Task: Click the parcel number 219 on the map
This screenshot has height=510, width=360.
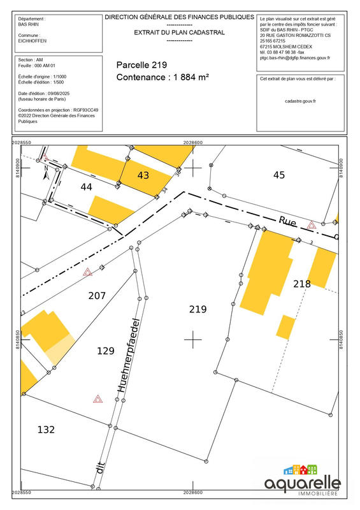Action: click(198, 309)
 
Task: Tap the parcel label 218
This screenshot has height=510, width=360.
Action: click(302, 283)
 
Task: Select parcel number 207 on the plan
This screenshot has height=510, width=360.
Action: click(97, 296)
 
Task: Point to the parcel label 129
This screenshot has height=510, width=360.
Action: click(105, 351)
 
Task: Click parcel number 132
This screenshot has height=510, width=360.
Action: click(46, 430)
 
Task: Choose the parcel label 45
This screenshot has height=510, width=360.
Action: click(278, 175)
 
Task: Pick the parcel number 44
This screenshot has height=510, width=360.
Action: click(87, 186)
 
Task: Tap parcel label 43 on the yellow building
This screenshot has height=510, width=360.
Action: click(143, 175)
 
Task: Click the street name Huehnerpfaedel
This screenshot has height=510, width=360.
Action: click(128, 354)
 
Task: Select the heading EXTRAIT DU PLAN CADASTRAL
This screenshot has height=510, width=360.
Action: click(179, 33)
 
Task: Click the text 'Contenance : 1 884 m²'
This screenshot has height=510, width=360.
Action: click(163, 78)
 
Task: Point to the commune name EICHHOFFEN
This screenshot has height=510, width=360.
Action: click(32, 41)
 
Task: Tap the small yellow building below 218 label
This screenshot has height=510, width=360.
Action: click(285, 327)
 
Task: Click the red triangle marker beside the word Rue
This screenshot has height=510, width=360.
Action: click(312, 225)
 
